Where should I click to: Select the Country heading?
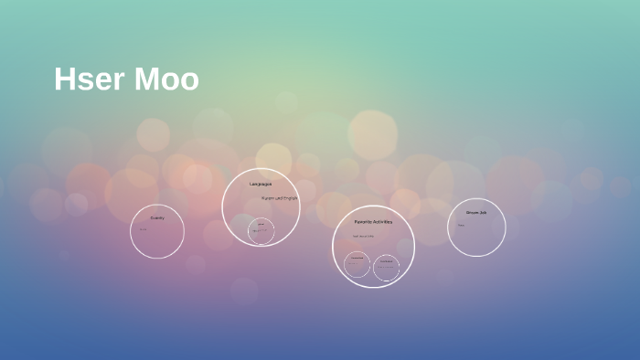point(157,217)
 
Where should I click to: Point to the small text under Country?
point(143,228)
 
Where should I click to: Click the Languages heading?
point(261,185)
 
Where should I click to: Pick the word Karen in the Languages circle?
point(267,197)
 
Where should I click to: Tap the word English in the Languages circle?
point(291,197)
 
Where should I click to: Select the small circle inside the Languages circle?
point(261,229)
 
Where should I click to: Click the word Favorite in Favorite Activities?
point(363,222)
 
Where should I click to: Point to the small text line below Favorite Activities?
point(364,237)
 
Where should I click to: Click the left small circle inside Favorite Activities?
point(357,266)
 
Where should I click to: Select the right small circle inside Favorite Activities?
point(387,267)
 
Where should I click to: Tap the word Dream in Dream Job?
point(471,213)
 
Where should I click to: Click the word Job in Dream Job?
point(484,213)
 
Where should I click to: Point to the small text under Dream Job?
point(461,225)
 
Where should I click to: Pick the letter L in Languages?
point(251,185)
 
